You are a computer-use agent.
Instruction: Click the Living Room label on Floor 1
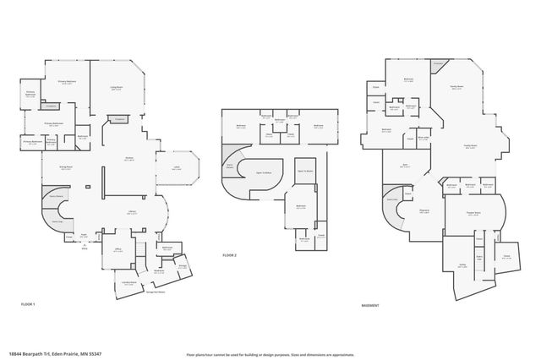coord(117,88)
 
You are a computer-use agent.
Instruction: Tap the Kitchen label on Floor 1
coord(130,158)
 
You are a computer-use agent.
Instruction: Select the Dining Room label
coord(64,169)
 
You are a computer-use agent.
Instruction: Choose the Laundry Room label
coord(128,284)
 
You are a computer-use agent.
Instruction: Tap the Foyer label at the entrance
coord(83,237)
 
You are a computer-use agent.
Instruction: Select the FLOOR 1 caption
coord(28,303)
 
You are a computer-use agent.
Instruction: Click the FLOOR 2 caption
coord(230,254)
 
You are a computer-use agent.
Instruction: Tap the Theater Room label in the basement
coord(473,213)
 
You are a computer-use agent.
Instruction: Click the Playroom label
coord(426,211)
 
